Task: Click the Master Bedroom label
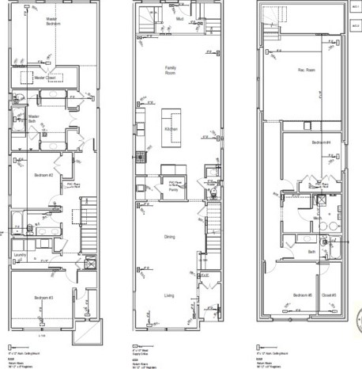coord(53,23)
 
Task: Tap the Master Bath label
coord(34,120)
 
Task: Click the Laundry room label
coord(21,254)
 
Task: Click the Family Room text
coord(170,71)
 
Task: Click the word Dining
coord(170,236)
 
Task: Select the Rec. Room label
coord(306,70)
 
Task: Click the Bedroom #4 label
coord(320,142)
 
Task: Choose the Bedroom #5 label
coord(303,295)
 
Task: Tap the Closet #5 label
coord(329,295)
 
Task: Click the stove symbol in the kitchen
coord(139,156)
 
